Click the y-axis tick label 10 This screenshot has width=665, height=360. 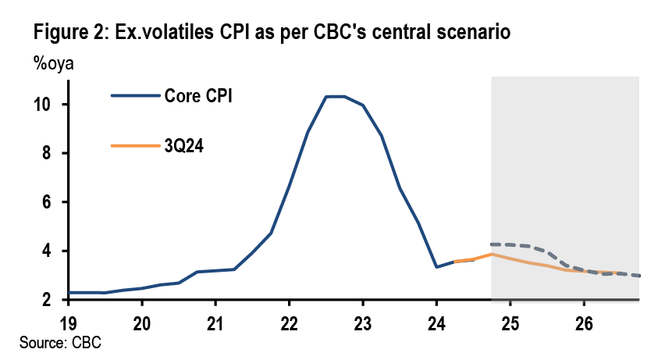(49, 105)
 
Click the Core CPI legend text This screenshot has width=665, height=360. (198, 96)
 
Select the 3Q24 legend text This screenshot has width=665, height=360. (186, 145)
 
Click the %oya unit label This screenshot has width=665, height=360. (53, 64)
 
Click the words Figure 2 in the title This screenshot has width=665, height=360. (69, 34)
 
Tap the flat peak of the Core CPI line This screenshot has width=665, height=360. (335, 97)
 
